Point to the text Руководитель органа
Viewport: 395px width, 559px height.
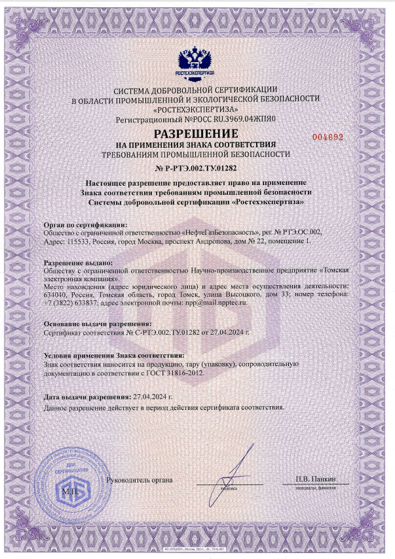[143, 480]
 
